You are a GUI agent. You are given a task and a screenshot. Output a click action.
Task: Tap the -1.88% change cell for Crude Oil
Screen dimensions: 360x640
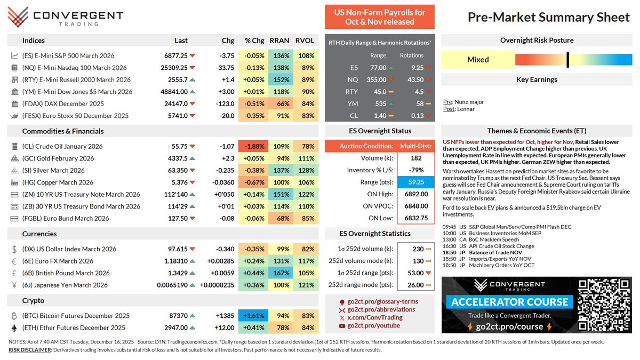tap(254, 146)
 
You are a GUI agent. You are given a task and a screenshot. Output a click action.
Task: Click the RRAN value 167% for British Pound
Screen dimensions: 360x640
tap(282, 273)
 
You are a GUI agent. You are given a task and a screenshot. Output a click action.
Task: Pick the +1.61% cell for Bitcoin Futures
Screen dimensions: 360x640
tap(254, 316)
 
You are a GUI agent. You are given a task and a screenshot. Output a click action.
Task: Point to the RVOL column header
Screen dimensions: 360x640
tap(305, 41)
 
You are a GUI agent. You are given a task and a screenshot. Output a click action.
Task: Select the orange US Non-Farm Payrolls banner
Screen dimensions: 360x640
tap(380, 17)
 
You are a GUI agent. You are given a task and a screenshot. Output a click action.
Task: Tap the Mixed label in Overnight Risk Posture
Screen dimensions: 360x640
tap(478, 60)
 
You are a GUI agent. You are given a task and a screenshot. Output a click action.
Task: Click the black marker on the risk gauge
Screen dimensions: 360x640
tap(568, 59)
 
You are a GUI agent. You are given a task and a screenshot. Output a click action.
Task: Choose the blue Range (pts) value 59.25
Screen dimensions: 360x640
tap(416, 181)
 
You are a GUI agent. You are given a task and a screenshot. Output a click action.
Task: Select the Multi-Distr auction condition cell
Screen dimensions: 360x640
tap(416, 146)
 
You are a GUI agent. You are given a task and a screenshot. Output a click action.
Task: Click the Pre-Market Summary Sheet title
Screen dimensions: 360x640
tap(548, 18)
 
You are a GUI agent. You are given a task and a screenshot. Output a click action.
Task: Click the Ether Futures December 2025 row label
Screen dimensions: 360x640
tap(74, 328)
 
